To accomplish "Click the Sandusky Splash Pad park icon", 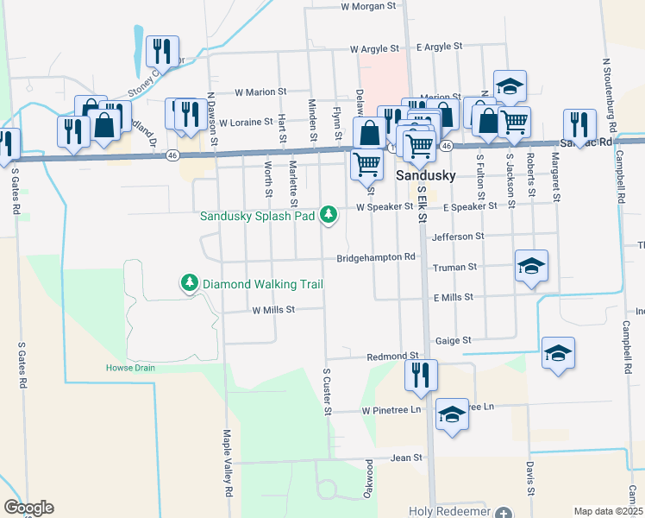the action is click(328, 213).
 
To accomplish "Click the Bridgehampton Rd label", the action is click(376, 257).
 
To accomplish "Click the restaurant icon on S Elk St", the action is click(422, 375).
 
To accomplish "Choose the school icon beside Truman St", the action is click(531, 265).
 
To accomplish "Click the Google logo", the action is click(28, 508).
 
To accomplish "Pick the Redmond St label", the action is click(392, 356).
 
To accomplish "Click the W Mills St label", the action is click(274, 309).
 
